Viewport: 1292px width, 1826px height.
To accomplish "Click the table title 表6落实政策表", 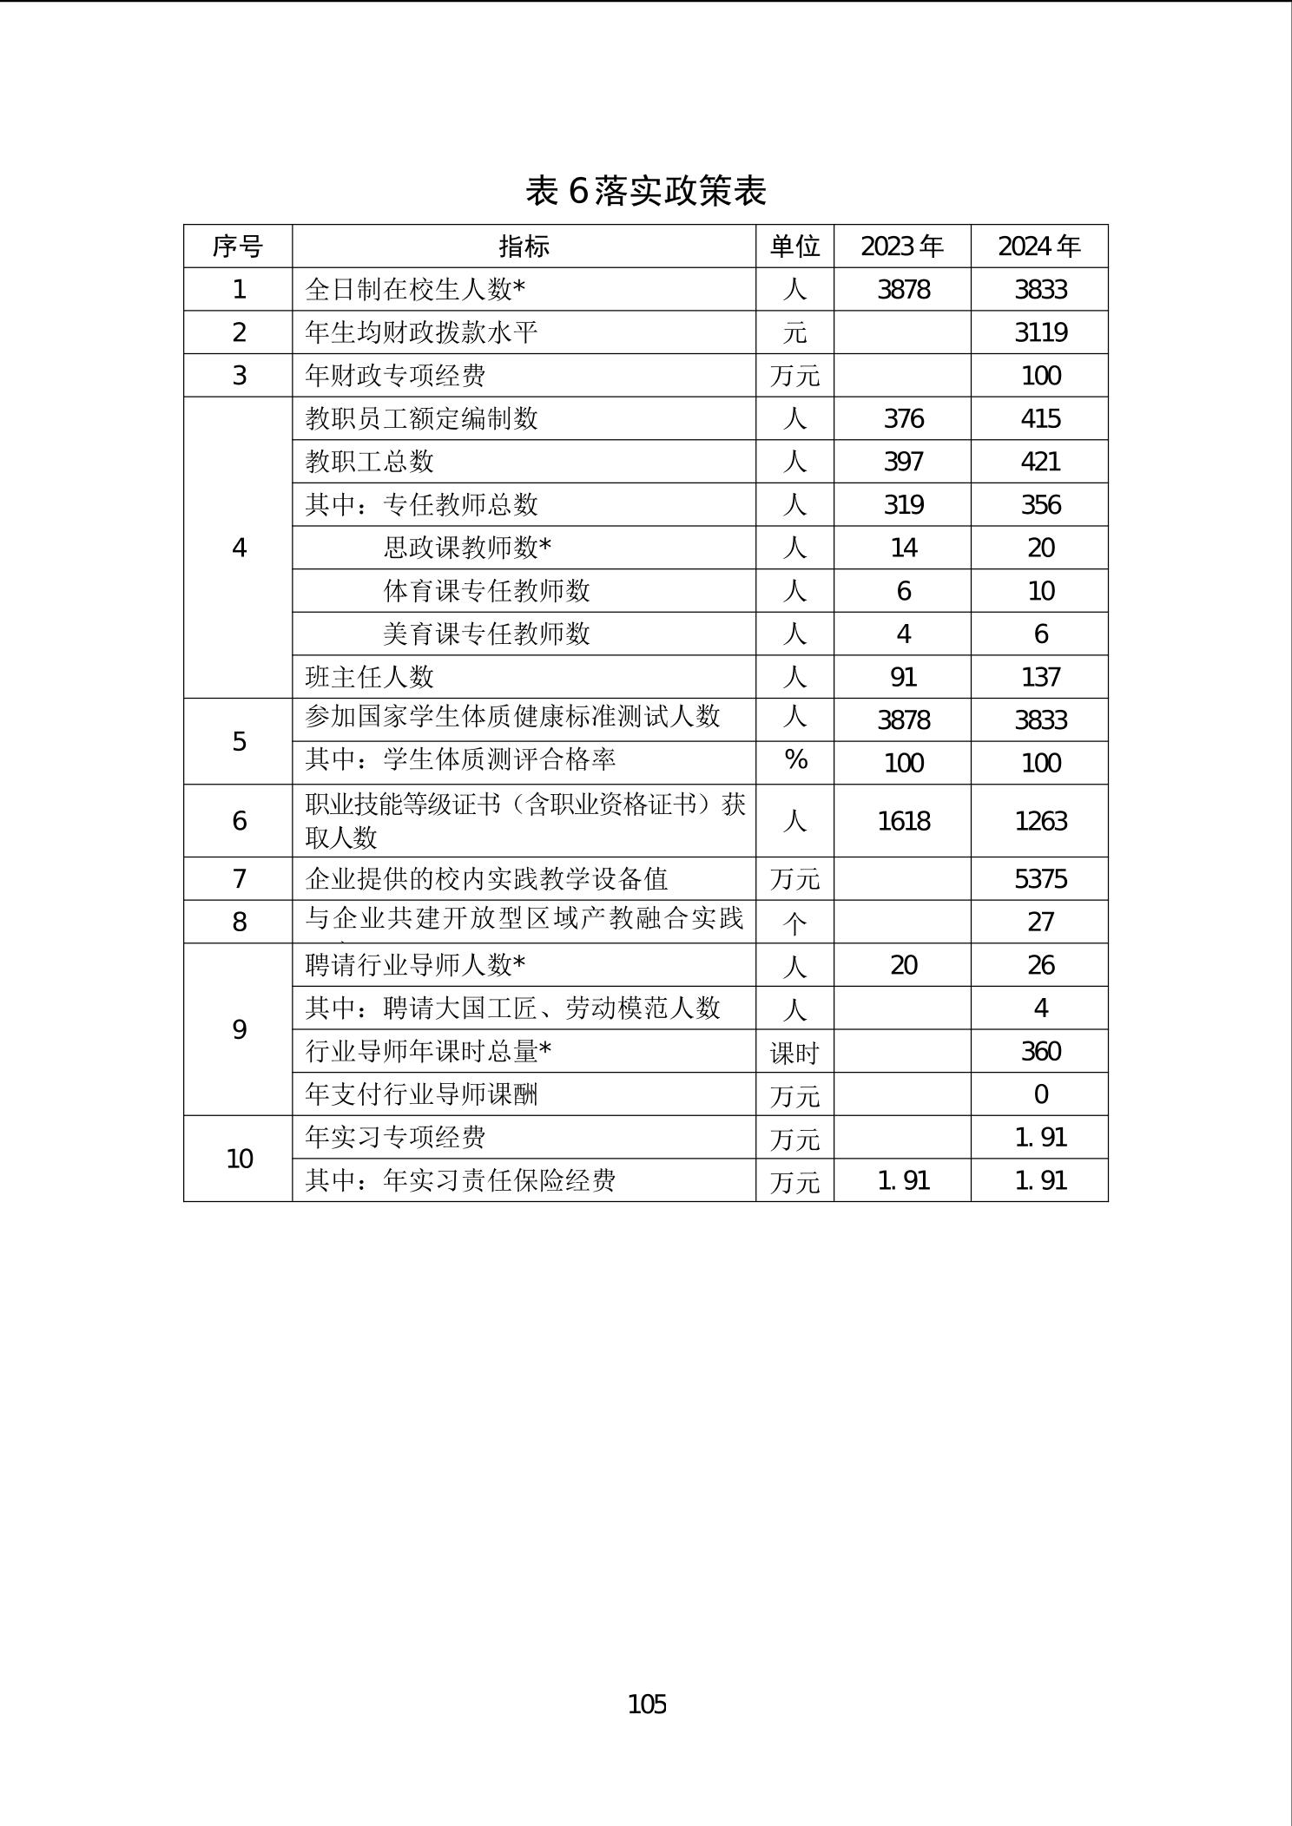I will click(646, 191).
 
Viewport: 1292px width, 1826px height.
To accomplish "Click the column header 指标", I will click(524, 246).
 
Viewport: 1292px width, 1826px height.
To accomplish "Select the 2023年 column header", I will click(902, 246).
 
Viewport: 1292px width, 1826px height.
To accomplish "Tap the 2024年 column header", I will click(1039, 246).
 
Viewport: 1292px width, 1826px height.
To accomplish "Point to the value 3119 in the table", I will click(1040, 332).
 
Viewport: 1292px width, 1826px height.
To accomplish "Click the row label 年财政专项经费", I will click(395, 376).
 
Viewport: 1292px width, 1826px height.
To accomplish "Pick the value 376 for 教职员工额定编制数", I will click(903, 418).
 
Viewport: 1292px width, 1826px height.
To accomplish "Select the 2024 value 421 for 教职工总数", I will click(1040, 462).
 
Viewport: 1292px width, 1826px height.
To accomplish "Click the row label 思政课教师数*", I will click(467, 548).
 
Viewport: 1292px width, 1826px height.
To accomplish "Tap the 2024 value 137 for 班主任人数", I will click(1040, 677).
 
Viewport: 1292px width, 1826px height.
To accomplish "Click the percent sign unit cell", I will click(795, 761).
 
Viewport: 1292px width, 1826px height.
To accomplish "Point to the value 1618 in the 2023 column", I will click(903, 821).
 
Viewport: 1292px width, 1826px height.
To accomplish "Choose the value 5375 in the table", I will click(1040, 879).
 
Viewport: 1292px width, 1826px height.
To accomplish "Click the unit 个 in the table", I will click(795, 923).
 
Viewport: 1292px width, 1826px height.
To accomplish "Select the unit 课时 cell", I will click(794, 1053).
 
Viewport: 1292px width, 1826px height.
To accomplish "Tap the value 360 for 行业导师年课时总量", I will click(1040, 1052).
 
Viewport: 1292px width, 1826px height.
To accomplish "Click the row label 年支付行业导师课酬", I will click(421, 1094).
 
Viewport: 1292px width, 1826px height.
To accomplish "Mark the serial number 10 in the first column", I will click(239, 1159).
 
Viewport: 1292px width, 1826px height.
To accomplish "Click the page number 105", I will click(647, 1704).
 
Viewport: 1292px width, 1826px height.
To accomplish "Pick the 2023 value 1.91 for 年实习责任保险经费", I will click(903, 1180).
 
